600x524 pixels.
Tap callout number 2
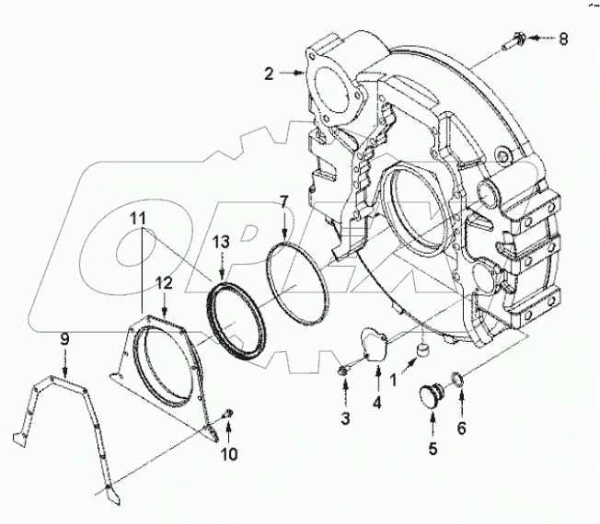(269, 74)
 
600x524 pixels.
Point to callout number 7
(284, 200)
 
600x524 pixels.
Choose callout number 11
(138, 218)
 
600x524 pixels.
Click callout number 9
(63, 340)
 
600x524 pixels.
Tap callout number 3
(344, 420)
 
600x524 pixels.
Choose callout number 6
(462, 428)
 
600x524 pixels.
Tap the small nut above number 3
(342, 370)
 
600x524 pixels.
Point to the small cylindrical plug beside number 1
(423, 348)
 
